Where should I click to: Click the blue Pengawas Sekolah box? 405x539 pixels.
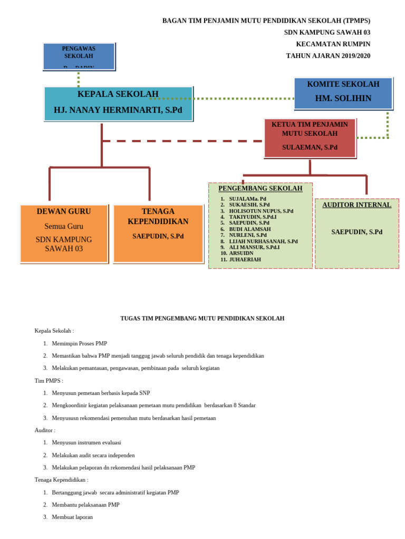coord(79,56)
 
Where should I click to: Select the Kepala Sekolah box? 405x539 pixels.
coord(118,103)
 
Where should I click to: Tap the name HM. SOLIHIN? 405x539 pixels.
coord(343,98)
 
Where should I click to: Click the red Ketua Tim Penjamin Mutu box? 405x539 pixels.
coord(310,137)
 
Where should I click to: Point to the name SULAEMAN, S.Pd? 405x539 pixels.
coord(310,147)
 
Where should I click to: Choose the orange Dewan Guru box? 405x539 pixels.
coord(64,233)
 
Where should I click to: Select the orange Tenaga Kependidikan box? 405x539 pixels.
coord(158,233)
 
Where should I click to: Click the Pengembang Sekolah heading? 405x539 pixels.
coord(260,188)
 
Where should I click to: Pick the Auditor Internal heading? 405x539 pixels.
coord(356,205)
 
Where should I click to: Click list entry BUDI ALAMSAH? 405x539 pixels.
coord(249,229)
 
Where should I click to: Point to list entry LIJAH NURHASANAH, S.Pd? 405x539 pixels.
coord(263,241)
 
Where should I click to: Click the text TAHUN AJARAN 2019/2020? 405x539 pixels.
coord(328,56)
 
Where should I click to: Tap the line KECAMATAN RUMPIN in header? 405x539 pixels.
coord(333,44)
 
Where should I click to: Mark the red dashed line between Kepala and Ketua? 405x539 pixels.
coord(182,141)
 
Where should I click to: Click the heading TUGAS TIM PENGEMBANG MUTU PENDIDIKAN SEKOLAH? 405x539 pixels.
coord(202,318)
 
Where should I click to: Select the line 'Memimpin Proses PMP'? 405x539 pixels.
coord(79,343)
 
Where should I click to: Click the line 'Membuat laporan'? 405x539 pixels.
coord(72,517)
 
